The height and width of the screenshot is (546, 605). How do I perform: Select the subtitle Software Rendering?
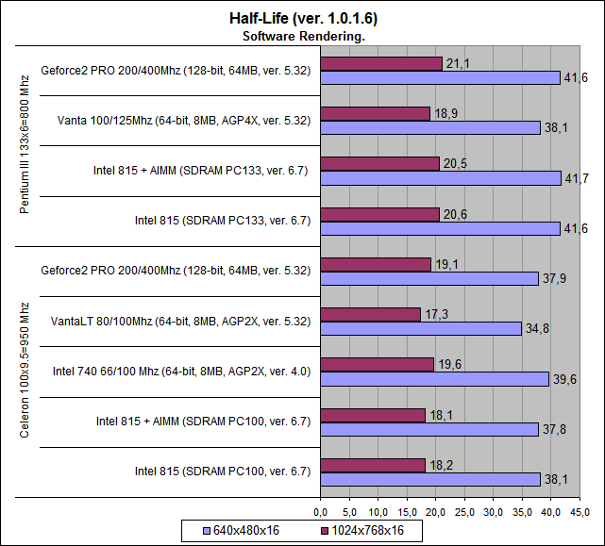pyautogui.click(x=303, y=36)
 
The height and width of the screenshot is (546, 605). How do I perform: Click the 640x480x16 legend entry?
pyautogui.click(x=246, y=531)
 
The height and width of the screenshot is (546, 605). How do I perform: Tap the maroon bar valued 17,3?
pyautogui.click(x=371, y=314)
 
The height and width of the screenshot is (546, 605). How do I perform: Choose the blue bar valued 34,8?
pyautogui.click(x=421, y=328)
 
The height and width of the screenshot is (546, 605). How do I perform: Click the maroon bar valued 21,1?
pyautogui.click(x=381, y=63)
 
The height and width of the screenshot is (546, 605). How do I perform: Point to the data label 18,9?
pyautogui.click(x=444, y=113)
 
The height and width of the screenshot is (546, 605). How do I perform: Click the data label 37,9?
pyautogui.click(x=554, y=278)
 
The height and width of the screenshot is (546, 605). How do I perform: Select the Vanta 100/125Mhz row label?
pyautogui.click(x=183, y=121)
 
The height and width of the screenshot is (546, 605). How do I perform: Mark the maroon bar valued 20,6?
pyautogui.click(x=380, y=214)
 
